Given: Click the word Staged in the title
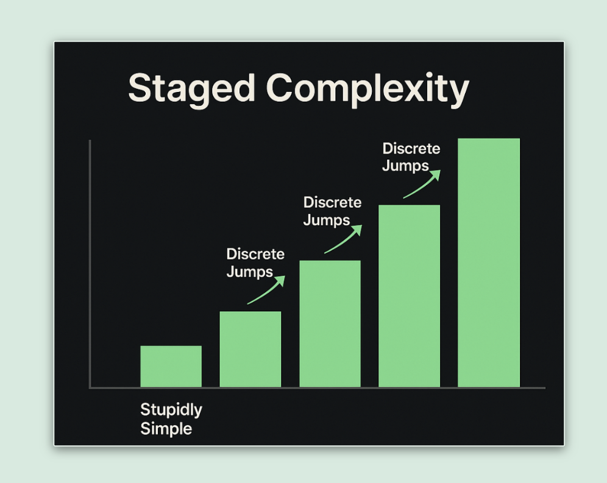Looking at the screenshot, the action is point(191,90).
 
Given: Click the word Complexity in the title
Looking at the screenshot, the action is point(367,90).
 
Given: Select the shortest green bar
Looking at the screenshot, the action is point(171,366).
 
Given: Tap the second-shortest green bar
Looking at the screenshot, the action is point(250,349).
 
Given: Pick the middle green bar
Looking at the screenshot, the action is point(330,323).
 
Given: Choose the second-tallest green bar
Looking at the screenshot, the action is point(409,295).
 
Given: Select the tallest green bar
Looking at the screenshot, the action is point(489,263).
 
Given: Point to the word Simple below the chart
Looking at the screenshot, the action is point(166,429).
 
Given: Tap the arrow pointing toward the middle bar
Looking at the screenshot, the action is point(344,239).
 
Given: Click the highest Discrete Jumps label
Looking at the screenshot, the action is point(411,157).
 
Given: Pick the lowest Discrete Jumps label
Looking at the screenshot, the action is point(255,263).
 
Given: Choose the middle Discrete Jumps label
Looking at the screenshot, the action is point(332,211).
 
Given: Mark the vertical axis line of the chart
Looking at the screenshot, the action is point(90,264).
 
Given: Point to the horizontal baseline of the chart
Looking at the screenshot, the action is point(318,387).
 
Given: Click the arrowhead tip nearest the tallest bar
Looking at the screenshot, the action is point(441,170).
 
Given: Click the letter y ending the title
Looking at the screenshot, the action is point(459,93).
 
